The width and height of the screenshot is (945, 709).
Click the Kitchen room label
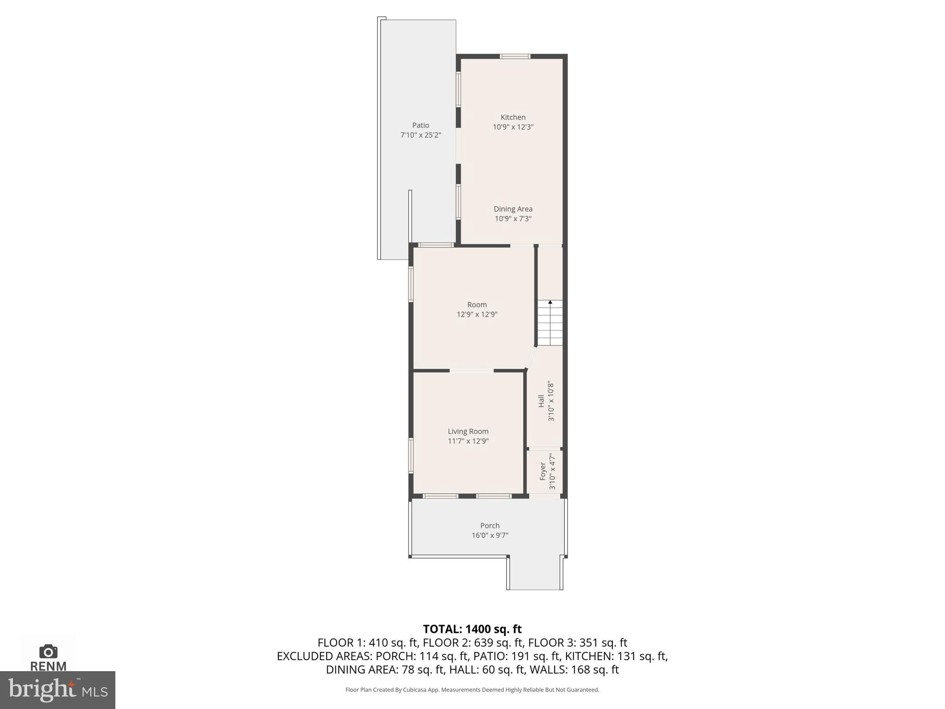click(x=513, y=117)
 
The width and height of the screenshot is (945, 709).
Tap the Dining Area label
click(x=513, y=209)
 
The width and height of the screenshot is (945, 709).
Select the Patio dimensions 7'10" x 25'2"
click(x=420, y=135)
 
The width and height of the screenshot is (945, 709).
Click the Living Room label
click(x=468, y=431)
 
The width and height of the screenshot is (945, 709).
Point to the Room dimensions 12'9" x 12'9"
click(x=477, y=314)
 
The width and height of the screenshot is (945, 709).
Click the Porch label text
click(x=490, y=525)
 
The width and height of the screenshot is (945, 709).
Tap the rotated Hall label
click(x=541, y=401)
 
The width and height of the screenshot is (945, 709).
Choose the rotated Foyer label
click(x=543, y=471)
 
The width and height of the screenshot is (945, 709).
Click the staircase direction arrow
click(x=550, y=302)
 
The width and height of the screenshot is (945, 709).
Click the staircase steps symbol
click(x=550, y=323)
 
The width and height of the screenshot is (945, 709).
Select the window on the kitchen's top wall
click(x=515, y=56)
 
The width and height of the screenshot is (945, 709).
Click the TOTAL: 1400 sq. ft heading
click(x=472, y=629)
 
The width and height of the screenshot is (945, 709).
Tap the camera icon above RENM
click(x=48, y=651)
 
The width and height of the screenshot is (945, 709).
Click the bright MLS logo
click(x=58, y=690)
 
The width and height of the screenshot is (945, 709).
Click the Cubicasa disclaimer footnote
click(x=472, y=690)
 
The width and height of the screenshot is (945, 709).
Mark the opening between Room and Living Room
click(x=471, y=370)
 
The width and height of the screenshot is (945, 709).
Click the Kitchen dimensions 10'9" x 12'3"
click(x=513, y=127)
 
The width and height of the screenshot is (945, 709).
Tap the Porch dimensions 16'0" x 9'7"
click(x=490, y=535)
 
